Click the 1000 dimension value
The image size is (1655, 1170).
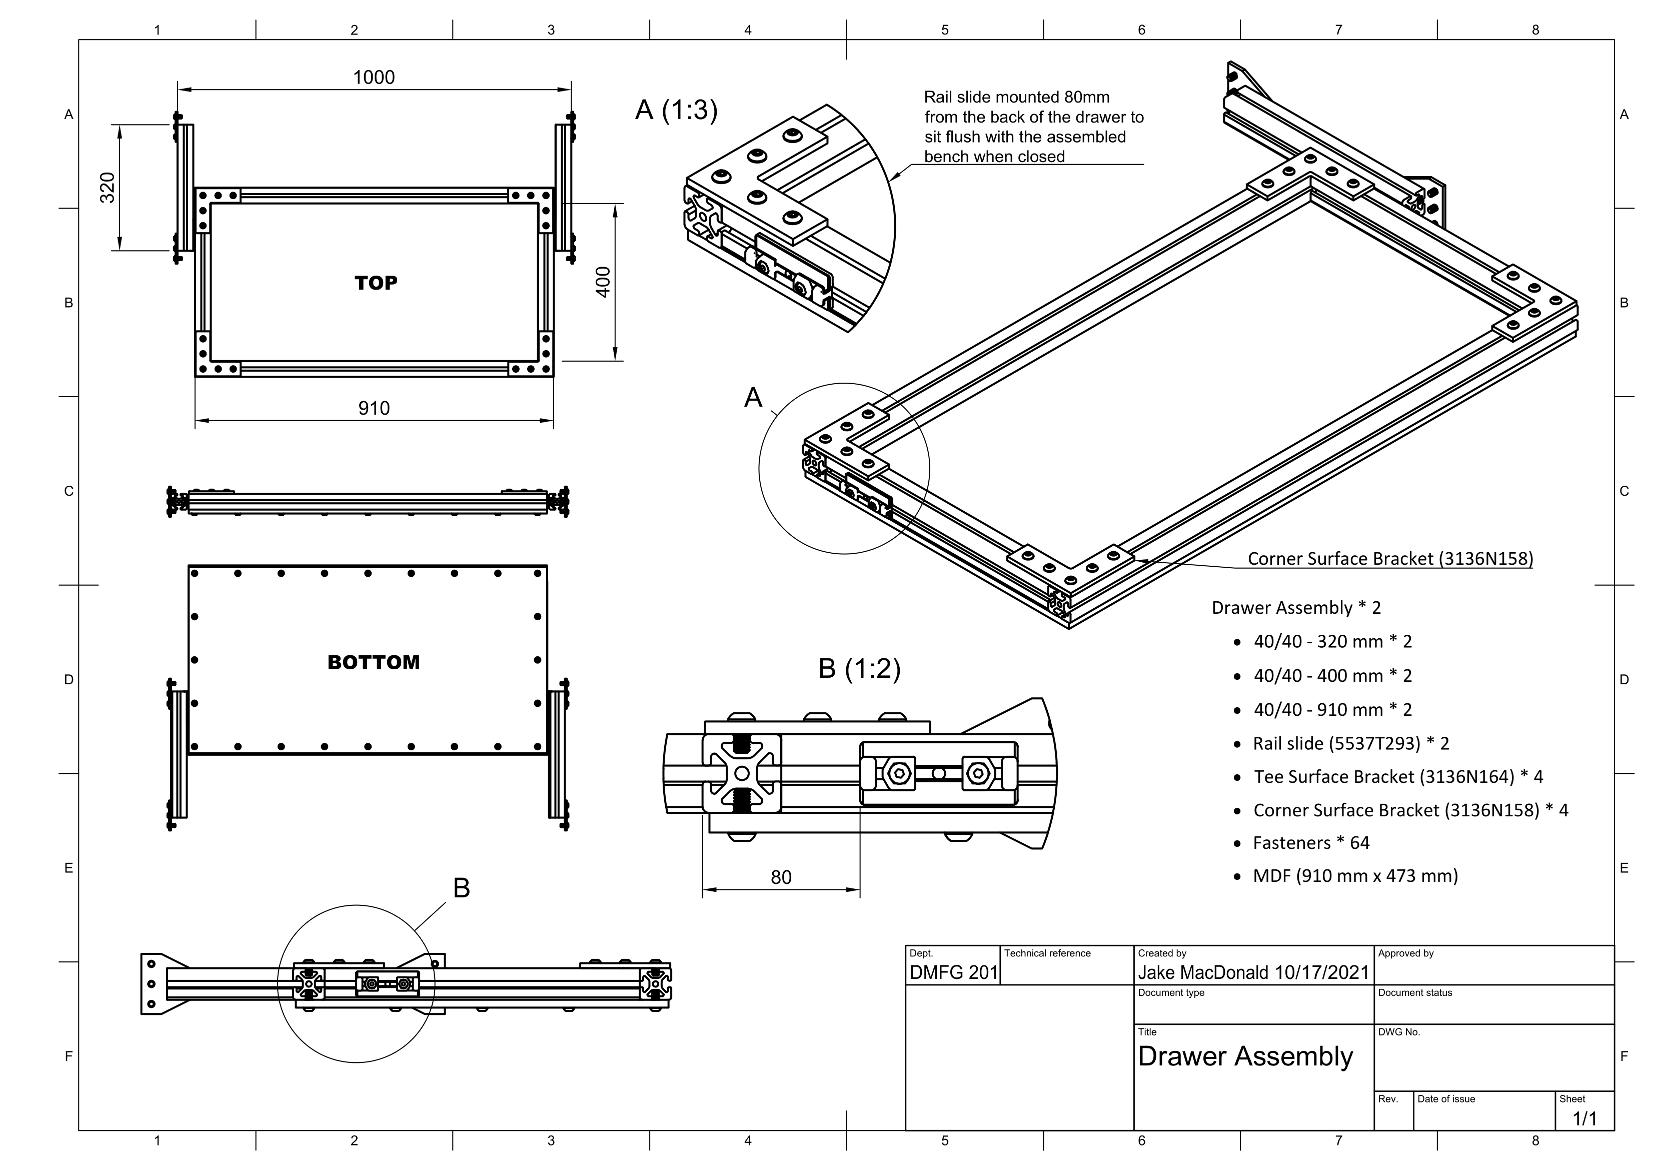(374, 77)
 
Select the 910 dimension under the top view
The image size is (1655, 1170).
(374, 408)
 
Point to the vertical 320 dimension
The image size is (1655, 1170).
(108, 188)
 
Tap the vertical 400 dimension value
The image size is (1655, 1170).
(603, 282)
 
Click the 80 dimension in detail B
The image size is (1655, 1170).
(781, 877)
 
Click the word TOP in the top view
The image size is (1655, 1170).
(376, 283)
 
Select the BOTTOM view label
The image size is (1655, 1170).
(374, 662)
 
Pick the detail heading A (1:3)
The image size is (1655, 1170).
(676, 110)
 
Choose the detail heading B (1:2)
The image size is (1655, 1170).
(859, 669)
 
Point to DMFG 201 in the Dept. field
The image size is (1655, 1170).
(953, 972)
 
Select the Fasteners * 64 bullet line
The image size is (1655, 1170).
(1310, 843)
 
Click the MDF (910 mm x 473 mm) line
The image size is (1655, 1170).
(1355, 876)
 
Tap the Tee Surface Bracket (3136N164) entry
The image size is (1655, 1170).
(1397, 776)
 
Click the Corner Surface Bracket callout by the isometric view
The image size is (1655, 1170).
(1390, 559)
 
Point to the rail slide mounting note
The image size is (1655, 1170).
(1033, 127)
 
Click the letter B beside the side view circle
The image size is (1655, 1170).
(461, 888)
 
